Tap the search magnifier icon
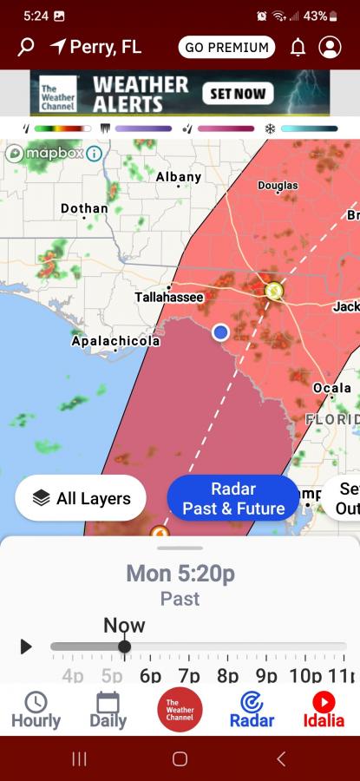coord(25,47)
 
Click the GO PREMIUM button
coord(226,47)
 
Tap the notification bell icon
coord(298,47)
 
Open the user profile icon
coord(330,47)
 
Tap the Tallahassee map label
coord(169,297)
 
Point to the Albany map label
coord(179,177)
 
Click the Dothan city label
coord(84,208)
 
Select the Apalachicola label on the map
coord(115,341)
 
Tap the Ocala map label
coord(331,387)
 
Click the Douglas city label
coord(278,186)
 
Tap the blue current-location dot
coord(220,331)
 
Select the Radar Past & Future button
coord(232,498)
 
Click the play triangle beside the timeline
coord(26,646)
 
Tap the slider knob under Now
coord(124,646)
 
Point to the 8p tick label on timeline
coord(227,676)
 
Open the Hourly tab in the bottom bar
coord(36,710)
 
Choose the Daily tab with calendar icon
coord(108,710)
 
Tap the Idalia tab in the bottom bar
coord(324,710)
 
